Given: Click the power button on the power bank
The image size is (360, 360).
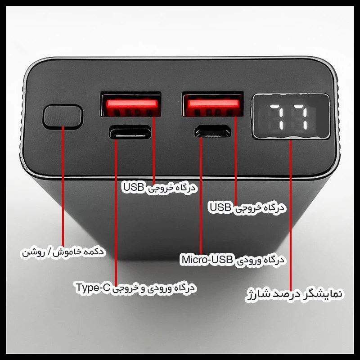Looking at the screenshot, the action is tap(63, 117).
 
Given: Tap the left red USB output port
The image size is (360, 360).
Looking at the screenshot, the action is tap(131, 104).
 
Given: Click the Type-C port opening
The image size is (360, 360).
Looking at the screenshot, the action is tap(130, 132).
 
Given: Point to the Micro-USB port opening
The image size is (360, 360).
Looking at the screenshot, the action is tap(212, 131).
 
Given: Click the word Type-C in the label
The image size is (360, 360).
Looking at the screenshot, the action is tap(93, 288).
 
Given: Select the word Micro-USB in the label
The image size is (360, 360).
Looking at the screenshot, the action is tap(207, 260).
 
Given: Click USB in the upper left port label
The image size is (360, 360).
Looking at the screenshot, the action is tap(134, 187).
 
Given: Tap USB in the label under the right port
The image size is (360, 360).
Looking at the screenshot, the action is tap(220, 207).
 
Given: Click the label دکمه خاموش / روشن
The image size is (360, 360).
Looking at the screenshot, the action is tap(63, 252).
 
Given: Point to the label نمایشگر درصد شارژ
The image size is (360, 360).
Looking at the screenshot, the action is tap(294, 295).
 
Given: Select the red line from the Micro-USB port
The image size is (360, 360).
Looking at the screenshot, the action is tap(201, 196).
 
